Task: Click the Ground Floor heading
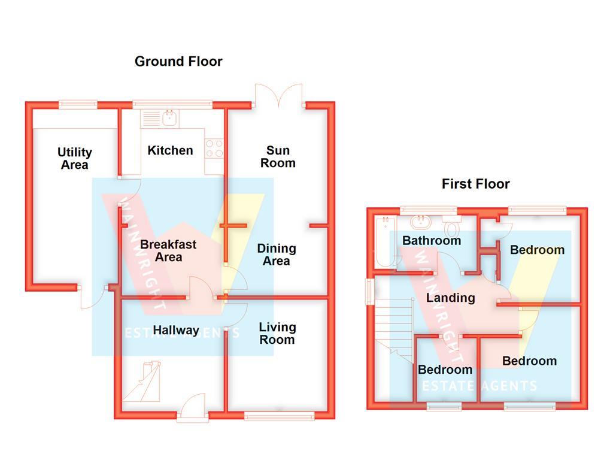[x=178, y=61]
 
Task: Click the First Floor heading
[x=475, y=184]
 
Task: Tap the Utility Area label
[x=75, y=159]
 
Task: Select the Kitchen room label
[x=170, y=150]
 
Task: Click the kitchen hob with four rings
[x=214, y=149]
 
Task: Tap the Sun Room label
[x=278, y=156]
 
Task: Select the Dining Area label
[x=276, y=255]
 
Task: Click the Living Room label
[x=277, y=334]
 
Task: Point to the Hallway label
[x=175, y=330]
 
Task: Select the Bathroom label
[x=431, y=241]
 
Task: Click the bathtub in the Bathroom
[x=383, y=243]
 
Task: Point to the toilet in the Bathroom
[x=452, y=228]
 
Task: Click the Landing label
[x=450, y=298]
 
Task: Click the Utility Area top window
[x=78, y=105]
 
